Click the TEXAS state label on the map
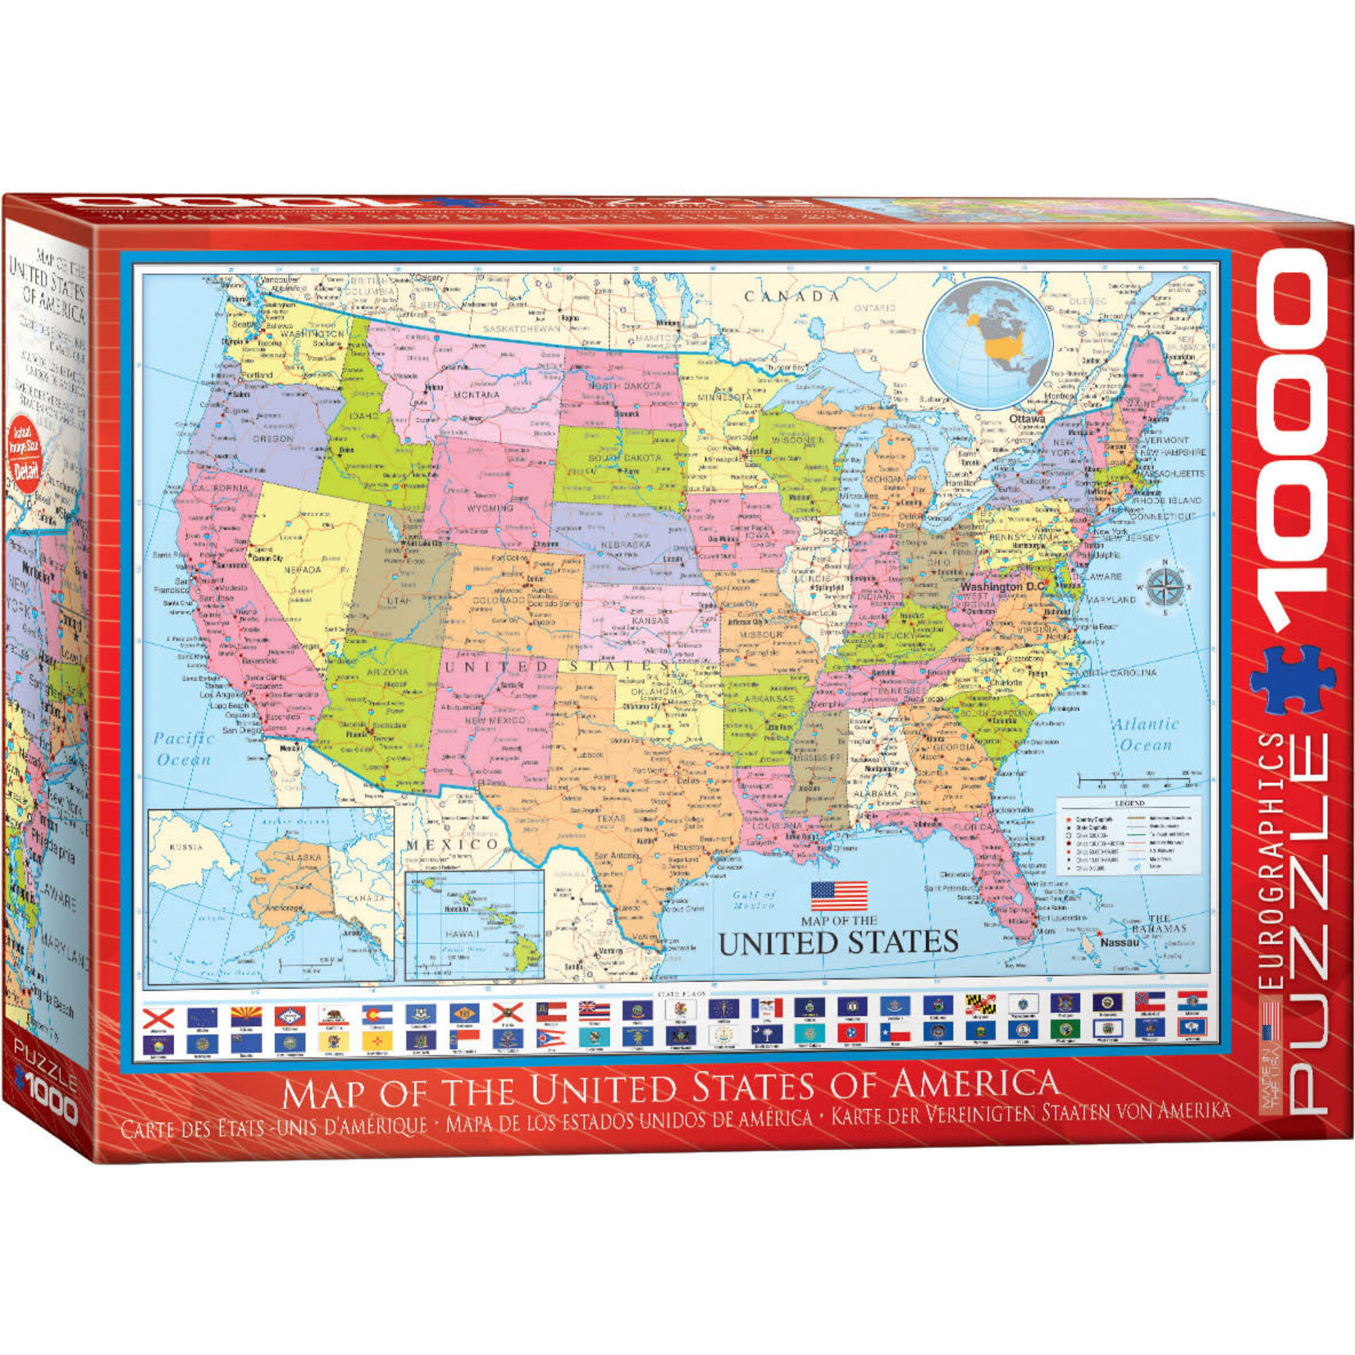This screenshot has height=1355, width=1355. click(610, 818)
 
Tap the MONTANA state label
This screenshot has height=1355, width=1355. click(477, 395)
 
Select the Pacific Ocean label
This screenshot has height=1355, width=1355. click(184, 748)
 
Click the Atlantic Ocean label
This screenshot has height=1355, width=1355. click(1146, 734)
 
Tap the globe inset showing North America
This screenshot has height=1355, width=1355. click(988, 343)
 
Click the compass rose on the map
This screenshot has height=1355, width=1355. click(1163, 587)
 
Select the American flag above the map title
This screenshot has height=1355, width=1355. click(838, 896)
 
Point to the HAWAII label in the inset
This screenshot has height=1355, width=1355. click(456, 934)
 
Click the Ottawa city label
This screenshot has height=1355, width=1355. click(1027, 418)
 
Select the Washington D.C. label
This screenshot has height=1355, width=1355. click(1002, 587)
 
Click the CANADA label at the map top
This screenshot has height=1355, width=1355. click(792, 296)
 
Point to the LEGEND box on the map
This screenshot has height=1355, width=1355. click(1128, 837)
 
